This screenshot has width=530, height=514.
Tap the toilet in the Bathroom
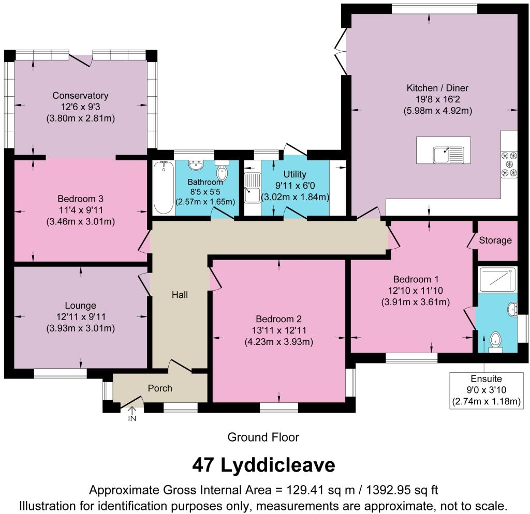tap(223, 171)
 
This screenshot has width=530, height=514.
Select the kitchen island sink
tap(449, 154)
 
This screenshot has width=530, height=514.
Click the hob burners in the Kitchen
tap(509, 164)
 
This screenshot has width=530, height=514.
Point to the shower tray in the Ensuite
tap(497, 279)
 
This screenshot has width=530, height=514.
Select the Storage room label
tap(495, 240)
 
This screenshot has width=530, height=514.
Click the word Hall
tap(180, 295)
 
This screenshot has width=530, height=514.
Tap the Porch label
tap(160, 388)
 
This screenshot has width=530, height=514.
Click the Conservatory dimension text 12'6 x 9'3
tap(80, 107)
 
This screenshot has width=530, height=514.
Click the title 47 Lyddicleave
tap(263, 465)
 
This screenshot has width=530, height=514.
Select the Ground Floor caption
tap(263, 437)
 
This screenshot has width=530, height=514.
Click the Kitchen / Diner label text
tap(437, 88)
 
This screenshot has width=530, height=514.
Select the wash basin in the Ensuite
tap(512, 309)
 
